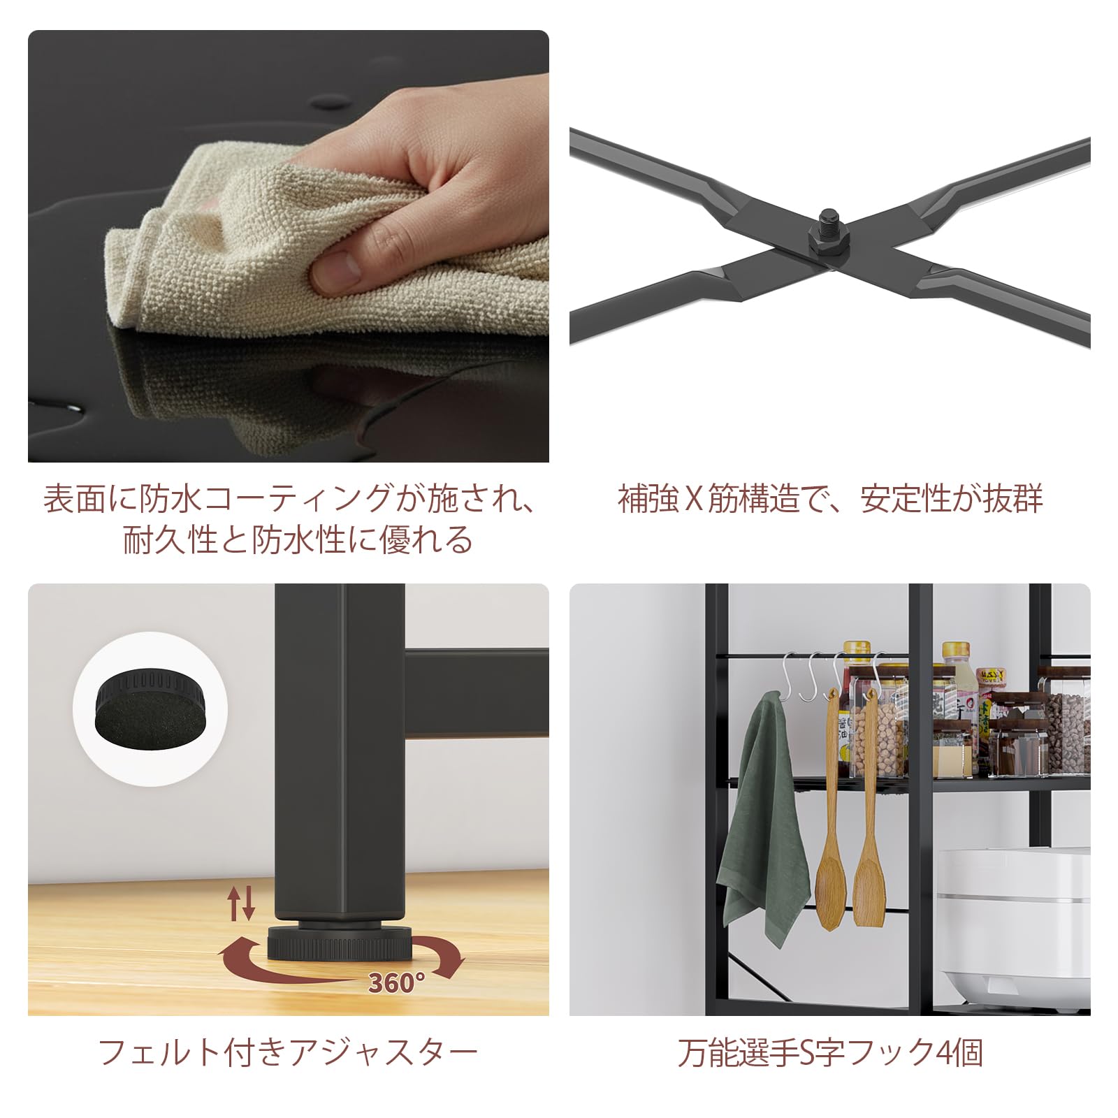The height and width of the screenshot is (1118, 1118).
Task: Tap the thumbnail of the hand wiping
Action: pyautogui.click(x=288, y=245)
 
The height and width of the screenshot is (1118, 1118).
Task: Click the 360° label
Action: pyautogui.click(x=396, y=983)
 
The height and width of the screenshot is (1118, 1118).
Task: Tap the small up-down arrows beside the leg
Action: pyautogui.click(x=242, y=903)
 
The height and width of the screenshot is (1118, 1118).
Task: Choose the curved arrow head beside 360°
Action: pyautogui.click(x=451, y=968)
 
